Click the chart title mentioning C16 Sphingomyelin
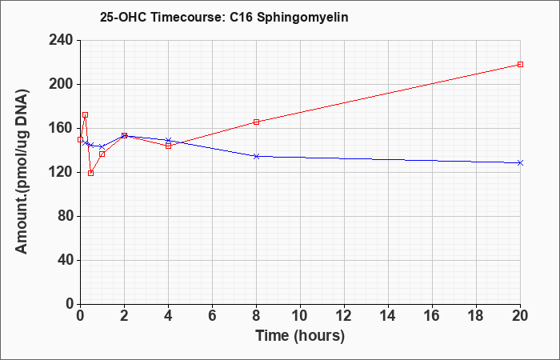click(224, 18)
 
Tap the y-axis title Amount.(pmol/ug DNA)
click(22, 171)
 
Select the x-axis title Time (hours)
click(300, 336)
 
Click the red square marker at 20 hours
click(520, 64)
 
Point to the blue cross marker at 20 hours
click(520, 162)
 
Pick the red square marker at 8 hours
click(256, 122)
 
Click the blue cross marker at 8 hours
click(256, 156)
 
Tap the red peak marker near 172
click(85, 115)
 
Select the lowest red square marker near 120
click(90, 174)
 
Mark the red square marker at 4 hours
click(168, 146)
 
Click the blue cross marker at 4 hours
click(168, 140)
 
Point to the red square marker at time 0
click(80, 139)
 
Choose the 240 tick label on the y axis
click(60, 40)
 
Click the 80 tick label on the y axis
click(65, 216)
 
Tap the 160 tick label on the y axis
click(60, 128)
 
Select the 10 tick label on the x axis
click(300, 315)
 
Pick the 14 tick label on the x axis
click(388, 315)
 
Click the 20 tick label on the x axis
click(520, 315)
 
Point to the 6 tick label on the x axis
click(212, 315)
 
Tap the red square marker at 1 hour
click(102, 154)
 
